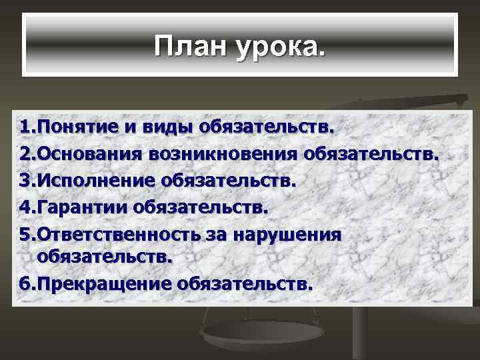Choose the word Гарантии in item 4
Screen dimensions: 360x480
pyautogui.click(x=81, y=208)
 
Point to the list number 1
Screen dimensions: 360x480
pyautogui.click(x=25, y=127)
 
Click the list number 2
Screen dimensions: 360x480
pyautogui.click(x=25, y=154)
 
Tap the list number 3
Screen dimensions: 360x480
pyautogui.click(x=25, y=181)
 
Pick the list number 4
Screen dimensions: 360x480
pyautogui.click(x=25, y=207)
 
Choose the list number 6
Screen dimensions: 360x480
pyautogui.click(x=25, y=284)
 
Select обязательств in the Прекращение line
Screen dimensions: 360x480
pyautogui.click(x=246, y=285)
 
